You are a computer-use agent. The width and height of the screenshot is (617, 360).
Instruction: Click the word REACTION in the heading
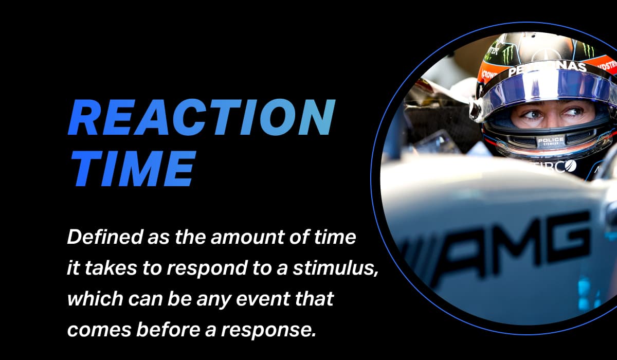pyautogui.click(x=201, y=118)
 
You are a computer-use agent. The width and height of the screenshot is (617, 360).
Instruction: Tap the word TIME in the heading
pyautogui.click(x=131, y=168)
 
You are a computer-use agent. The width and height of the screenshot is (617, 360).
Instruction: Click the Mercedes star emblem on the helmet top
pyautogui.click(x=547, y=54)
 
